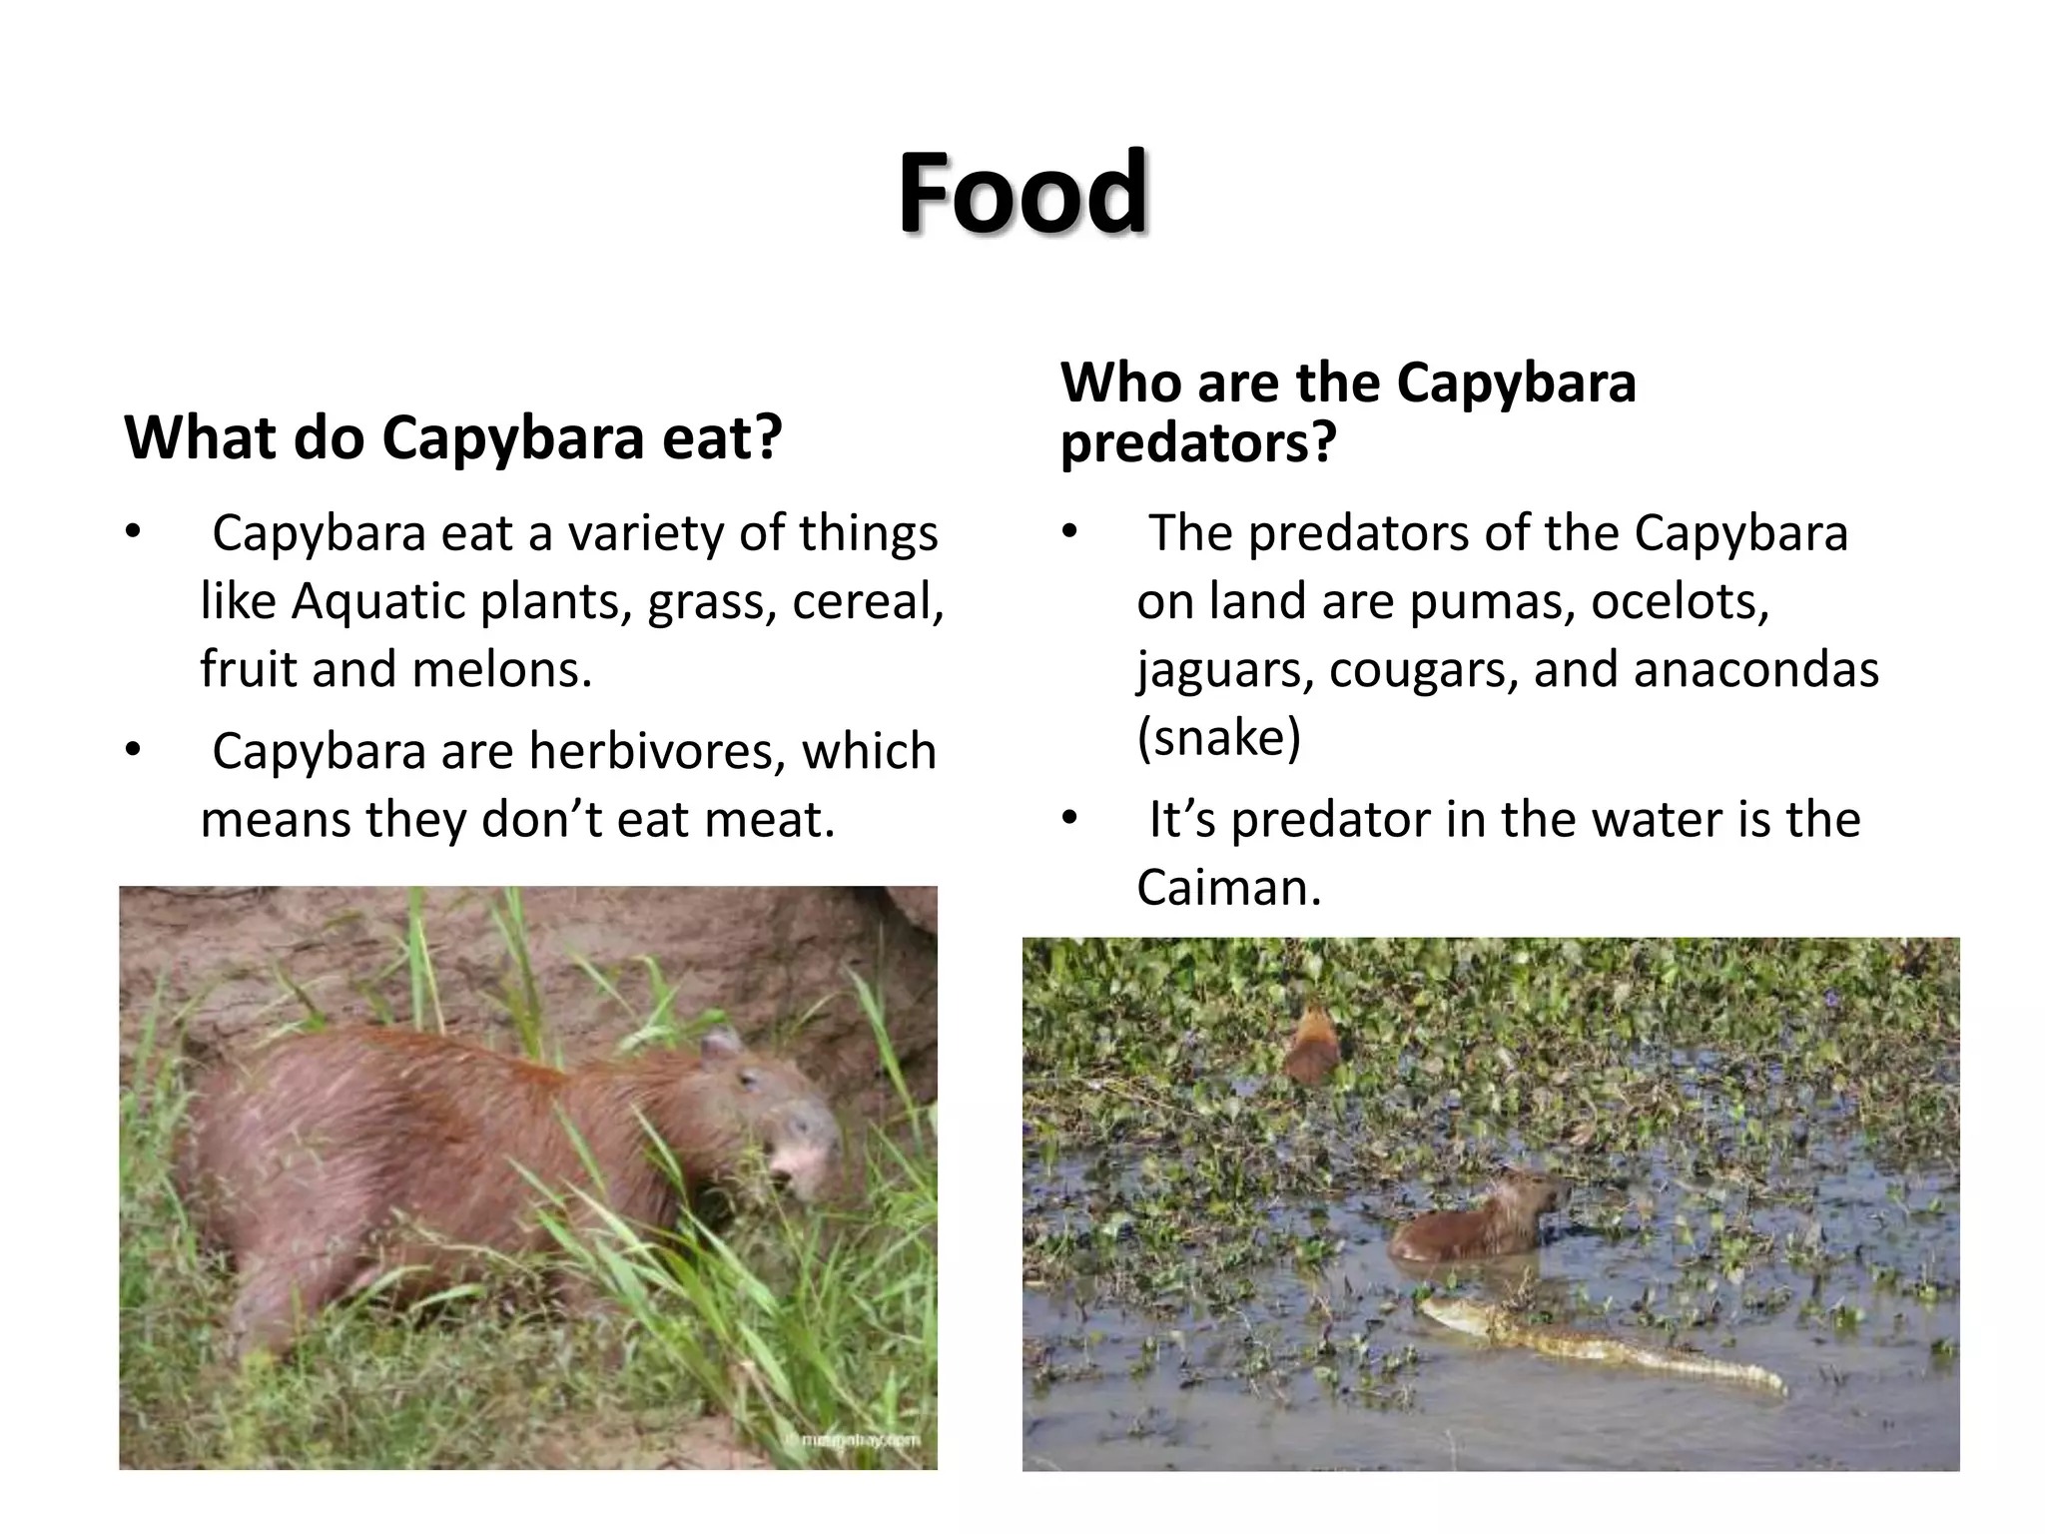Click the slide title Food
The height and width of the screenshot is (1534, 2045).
tap(1022, 192)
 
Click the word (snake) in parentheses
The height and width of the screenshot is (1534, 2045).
tap(1218, 738)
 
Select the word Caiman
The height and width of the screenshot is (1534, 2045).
tap(1228, 888)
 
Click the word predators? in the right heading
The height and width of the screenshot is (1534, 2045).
tap(1197, 442)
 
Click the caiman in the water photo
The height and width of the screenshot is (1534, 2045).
tap(1598, 1348)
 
